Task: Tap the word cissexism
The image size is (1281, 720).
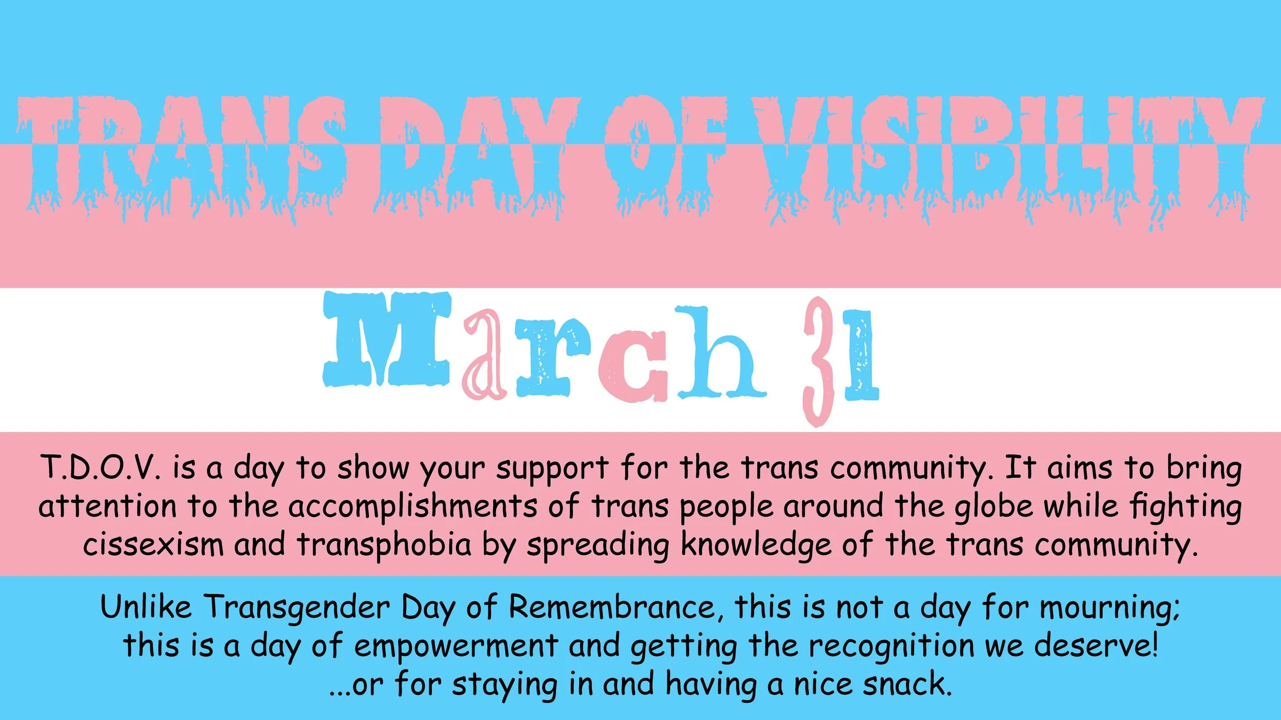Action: tap(153, 545)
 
